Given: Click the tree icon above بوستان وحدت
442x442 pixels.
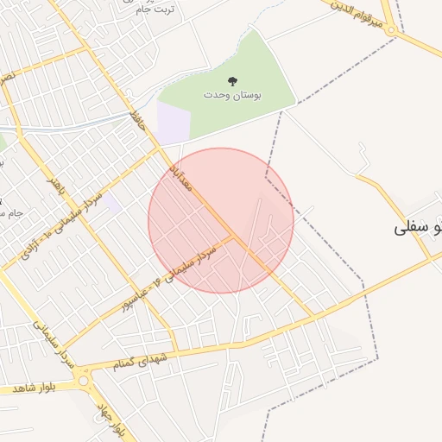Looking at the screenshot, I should (232, 82).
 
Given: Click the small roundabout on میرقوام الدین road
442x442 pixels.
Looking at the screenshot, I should (392, 30).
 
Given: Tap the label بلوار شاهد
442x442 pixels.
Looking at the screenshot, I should (29, 388).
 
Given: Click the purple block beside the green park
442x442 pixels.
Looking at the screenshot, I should (173, 121).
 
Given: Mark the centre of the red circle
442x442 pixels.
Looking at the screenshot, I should (221, 220).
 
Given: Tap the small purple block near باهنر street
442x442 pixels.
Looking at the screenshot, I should (113, 203).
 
